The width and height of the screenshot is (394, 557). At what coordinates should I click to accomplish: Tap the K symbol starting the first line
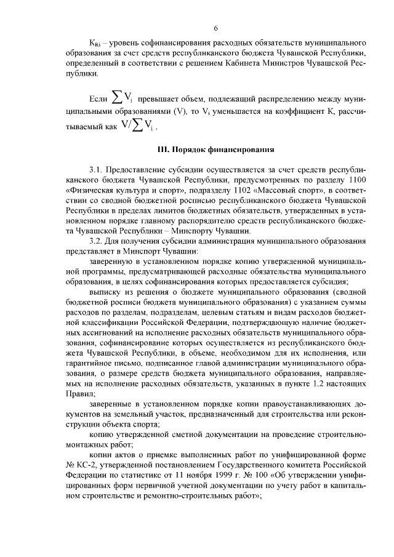pyautogui.click(x=93, y=44)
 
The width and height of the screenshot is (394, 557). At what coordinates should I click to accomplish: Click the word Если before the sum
pyautogui.click(x=98, y=98)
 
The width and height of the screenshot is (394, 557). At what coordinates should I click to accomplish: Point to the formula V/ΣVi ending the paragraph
pyautogui.click(x=135, y=128)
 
